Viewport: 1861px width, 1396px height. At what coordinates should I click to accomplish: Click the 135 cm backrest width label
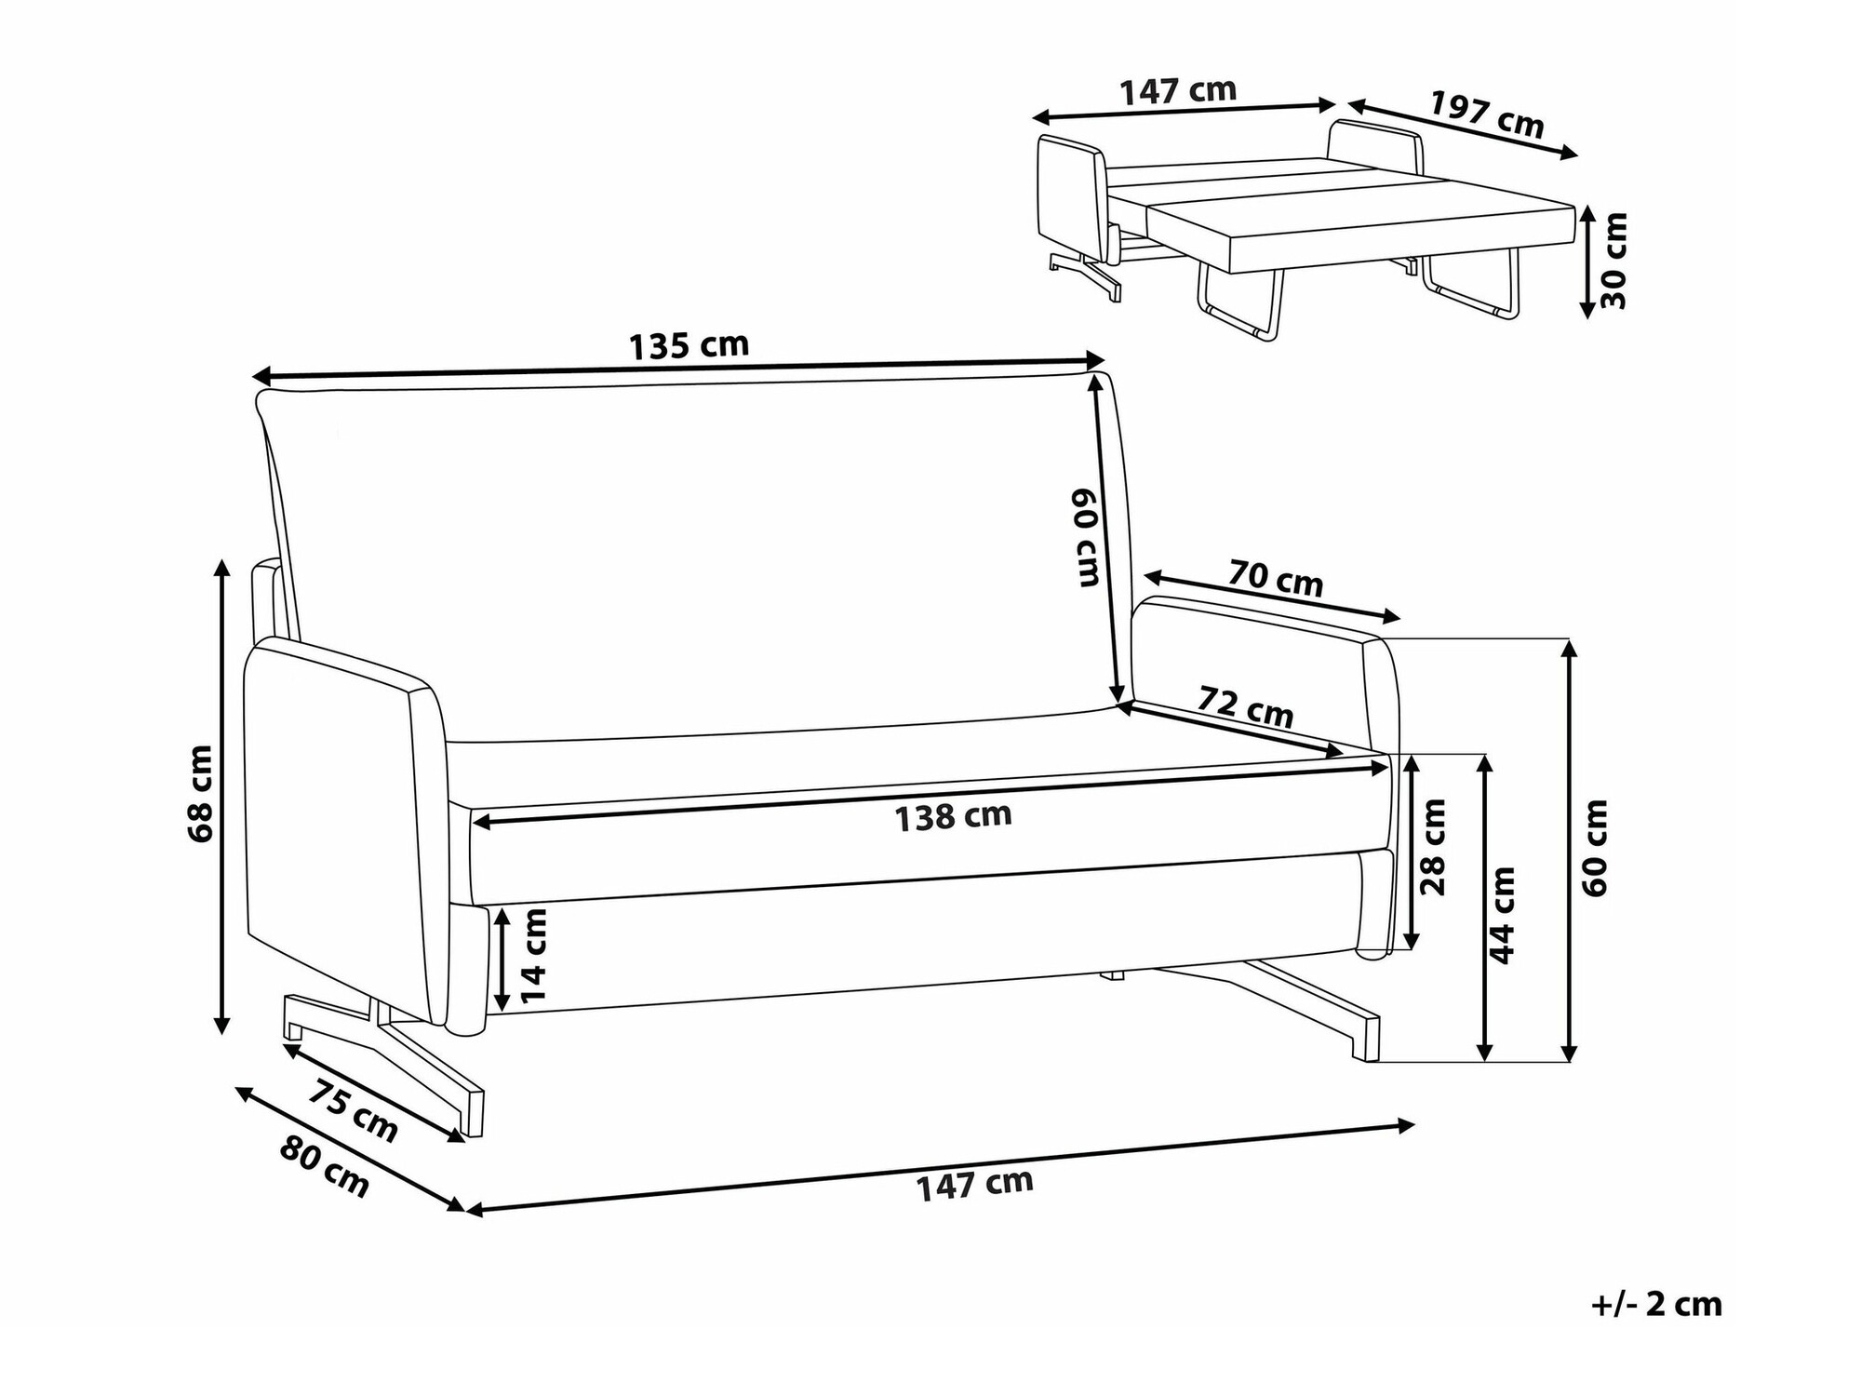click(x=689, y=346)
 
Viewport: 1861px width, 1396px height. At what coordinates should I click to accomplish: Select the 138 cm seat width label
click(x=952, y=817)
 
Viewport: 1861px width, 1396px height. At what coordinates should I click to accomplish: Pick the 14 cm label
click(x=534, y=956)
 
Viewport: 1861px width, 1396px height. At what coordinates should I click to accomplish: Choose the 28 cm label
click(x=1434, y=847)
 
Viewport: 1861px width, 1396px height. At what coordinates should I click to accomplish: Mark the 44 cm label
click(x=1502, y=915)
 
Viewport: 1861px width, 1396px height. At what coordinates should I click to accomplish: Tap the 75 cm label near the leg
click(x=353, y=1110)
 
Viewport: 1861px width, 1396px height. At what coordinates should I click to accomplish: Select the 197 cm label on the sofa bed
click(x=1486, y=114)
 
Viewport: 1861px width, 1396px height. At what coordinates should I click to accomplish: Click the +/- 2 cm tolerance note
click(x=1656, y=1305)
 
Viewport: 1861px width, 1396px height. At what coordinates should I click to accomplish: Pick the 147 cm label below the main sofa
click(x=975, y=1185)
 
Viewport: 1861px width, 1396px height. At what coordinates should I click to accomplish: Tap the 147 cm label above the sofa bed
click(x=1178, y=91)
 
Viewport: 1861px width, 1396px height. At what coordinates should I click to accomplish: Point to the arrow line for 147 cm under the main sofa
click(x=939, y=1167)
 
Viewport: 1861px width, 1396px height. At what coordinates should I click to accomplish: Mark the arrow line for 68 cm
click(x=221, y=797)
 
